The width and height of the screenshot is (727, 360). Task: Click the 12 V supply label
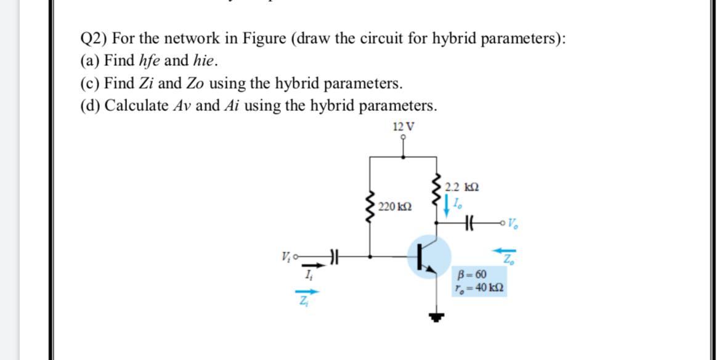click(403, 127)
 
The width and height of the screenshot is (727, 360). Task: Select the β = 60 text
click(473, 274)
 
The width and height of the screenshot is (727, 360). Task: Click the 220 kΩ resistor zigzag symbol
click(370, 208)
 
